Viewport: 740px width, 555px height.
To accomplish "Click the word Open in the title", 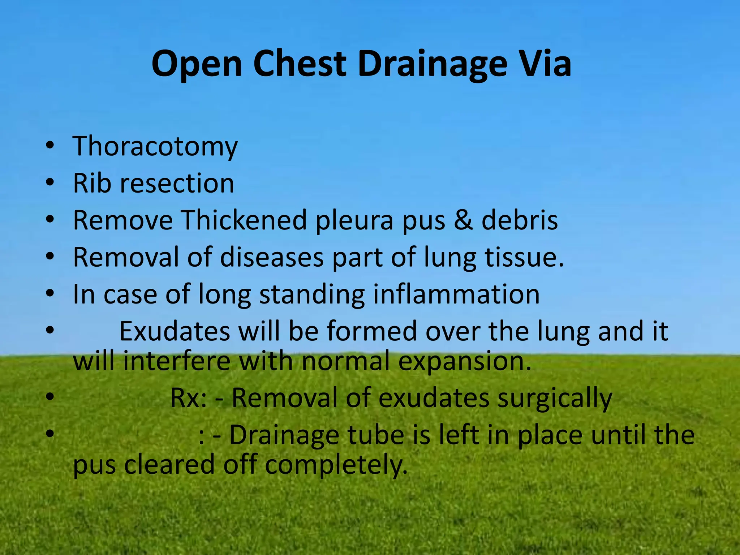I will pos(197,64).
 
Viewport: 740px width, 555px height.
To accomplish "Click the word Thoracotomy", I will pos(155,146).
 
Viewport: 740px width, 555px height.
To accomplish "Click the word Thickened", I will pos(244,220).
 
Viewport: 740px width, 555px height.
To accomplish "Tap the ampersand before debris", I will pos(463,220).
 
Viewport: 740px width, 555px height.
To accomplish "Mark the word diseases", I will pos(272,257).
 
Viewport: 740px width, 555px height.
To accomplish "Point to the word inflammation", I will pos(456,294).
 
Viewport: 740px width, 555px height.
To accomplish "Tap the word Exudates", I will pos(175,331).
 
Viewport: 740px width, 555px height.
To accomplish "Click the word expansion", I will pos(465,361).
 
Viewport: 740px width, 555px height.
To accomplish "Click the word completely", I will pos(336,465).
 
